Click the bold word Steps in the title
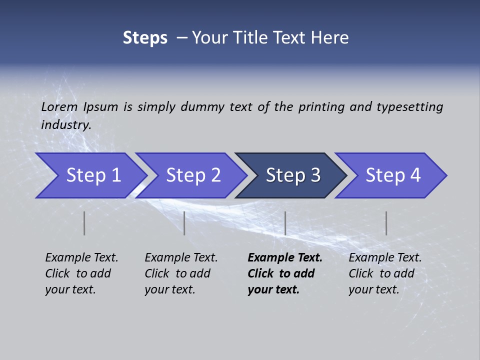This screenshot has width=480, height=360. pos(145,38)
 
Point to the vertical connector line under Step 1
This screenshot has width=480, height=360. pos(84,223)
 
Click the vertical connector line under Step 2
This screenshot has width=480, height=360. pos(184,223)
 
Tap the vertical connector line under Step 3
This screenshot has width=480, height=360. pos(285,223)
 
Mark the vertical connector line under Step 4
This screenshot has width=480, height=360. pos(386,223)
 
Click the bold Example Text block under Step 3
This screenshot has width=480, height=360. pos(284,273)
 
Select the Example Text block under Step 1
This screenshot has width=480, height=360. pos(81,273)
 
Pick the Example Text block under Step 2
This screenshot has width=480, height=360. pos(181,273)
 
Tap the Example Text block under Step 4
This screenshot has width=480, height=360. pos(385,273)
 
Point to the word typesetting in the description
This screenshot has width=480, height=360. pos(409,107)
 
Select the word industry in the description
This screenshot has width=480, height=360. pos(65,125)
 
